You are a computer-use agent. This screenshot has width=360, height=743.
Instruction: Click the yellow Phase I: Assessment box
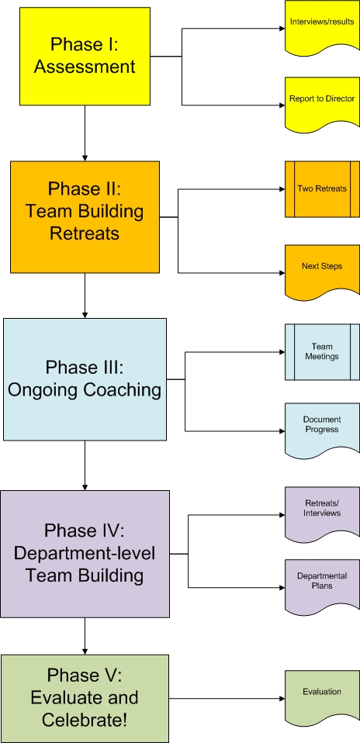click(85, 56)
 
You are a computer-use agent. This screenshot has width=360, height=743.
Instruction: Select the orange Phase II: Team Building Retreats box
click(85, 217)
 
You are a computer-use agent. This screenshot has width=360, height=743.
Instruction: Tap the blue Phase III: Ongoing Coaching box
click(85, 379)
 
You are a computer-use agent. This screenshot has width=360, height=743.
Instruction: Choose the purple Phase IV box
click(85, 554)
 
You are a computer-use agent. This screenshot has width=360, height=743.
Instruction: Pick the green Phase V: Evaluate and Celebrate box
click(85, 699)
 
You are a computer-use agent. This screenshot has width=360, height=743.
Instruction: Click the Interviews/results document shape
click(322, 26)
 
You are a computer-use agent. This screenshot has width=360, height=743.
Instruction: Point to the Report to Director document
click(322, 102)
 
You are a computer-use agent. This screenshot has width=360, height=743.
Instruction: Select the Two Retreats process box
click(322, 189)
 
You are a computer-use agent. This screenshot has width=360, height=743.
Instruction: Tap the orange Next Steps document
click(322, 270)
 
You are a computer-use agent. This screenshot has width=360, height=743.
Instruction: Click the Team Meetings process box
click(322, 352)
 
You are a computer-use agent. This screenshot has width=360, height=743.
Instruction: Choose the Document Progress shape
click(322, 430)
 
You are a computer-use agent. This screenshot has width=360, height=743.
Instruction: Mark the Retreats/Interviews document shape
click(322, 513)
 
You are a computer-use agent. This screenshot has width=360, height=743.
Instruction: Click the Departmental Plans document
click(322, 586)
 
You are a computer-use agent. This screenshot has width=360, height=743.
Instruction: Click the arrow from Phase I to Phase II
click(85, 133)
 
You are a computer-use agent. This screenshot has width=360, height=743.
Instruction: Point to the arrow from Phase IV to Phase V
click(85, 636)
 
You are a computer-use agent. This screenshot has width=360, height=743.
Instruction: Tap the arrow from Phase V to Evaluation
click(227, 699)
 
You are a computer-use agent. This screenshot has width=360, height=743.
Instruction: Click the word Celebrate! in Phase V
click(85, 721)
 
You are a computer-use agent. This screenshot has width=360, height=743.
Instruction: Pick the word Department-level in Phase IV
click(85, 553)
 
